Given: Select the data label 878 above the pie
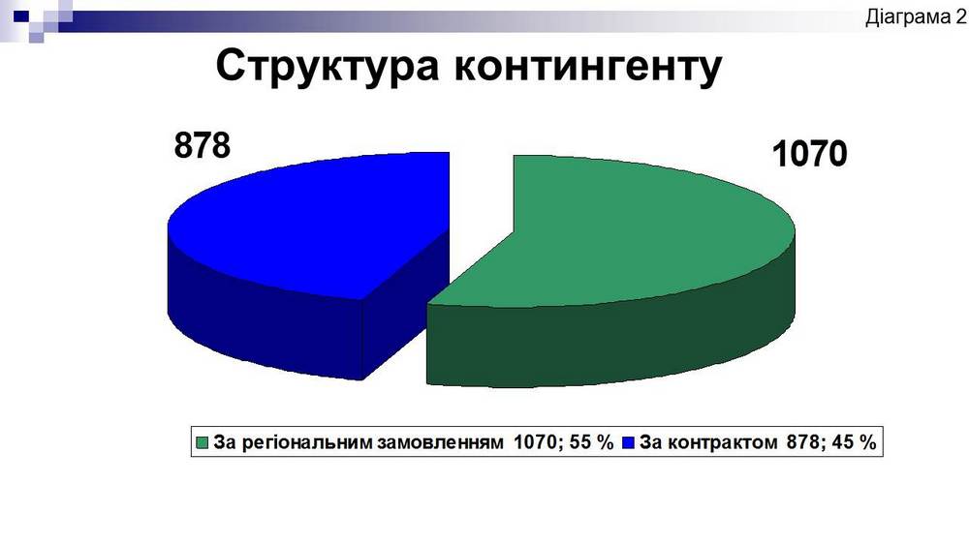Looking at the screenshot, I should tap(203, 146).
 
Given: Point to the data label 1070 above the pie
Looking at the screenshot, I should tap(809, 155).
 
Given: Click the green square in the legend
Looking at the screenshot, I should tap(203, 443).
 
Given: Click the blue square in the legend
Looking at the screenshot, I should tap(628, 443).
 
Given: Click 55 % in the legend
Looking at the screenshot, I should tap(593, 443).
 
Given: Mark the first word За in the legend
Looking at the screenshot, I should tap(224, 443).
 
